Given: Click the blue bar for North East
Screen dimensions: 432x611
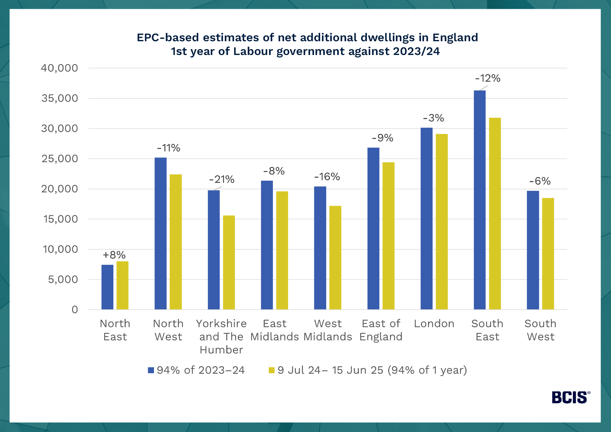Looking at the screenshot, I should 107,287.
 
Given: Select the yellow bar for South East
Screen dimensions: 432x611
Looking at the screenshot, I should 495,214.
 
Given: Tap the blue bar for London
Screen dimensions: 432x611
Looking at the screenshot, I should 426,218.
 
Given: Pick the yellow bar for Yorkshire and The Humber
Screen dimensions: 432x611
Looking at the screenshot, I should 229,263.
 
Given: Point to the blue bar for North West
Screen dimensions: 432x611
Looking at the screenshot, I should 160,234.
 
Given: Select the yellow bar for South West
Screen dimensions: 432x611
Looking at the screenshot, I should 548,254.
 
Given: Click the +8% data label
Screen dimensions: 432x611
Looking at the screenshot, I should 114,255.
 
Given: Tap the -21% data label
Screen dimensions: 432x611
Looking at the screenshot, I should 222,179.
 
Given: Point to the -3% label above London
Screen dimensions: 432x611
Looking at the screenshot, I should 434,118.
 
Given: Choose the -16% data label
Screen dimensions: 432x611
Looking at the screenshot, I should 327,177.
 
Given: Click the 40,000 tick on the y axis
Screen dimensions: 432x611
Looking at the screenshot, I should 59,68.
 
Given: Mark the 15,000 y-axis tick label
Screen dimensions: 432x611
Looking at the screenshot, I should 60,219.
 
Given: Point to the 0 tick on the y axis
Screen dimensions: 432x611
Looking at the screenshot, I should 75,310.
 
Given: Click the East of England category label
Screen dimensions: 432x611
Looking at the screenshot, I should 381,330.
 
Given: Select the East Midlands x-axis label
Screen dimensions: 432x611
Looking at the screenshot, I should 274,330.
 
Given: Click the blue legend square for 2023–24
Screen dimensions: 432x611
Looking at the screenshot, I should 151,370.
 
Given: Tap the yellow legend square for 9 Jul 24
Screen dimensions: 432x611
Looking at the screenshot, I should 272,370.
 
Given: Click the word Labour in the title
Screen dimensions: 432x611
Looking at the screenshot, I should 253,51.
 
